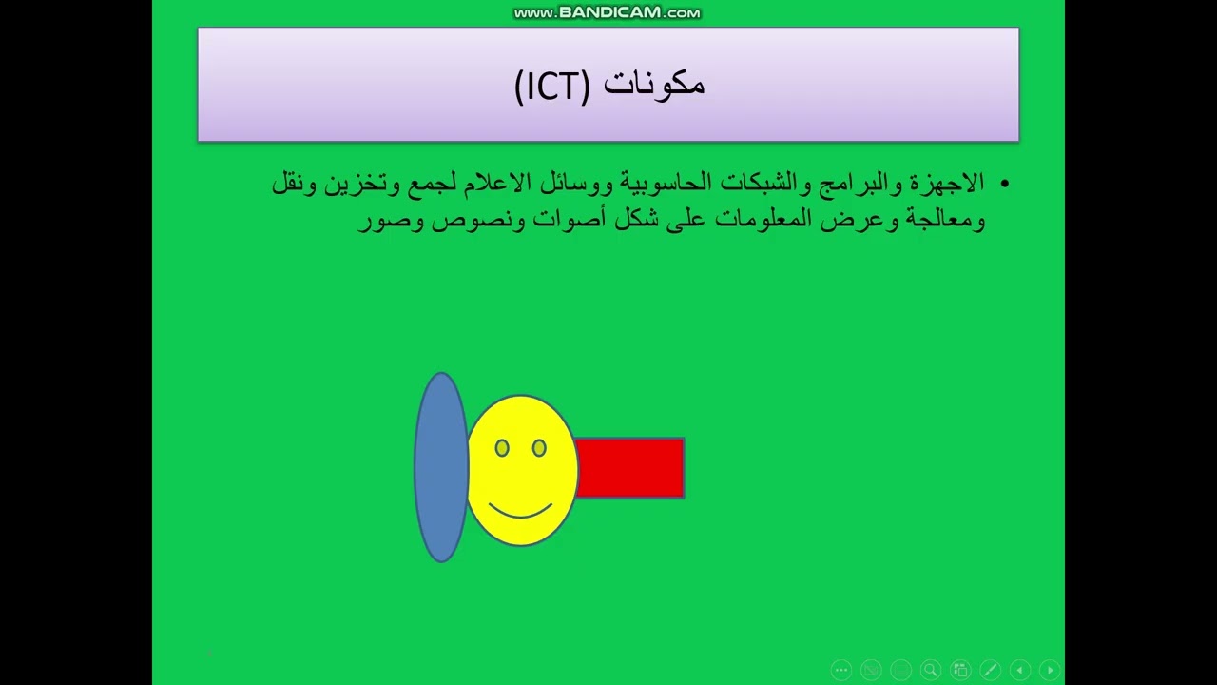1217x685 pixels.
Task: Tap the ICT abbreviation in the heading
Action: click(x=552, y=86)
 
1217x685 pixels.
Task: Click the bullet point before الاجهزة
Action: click(x=1004, y=184)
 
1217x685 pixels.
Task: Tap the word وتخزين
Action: click(x=362, y=183)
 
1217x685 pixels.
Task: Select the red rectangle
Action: click(x=629, y=467)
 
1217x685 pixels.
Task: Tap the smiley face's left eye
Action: click(x=502, y=447)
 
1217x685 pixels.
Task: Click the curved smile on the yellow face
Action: click(x=520, y=511)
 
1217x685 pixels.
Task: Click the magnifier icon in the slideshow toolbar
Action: click(x=930, y=670)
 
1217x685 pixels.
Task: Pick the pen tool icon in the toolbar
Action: click(x=990, y=670)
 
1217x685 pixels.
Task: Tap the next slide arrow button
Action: click(x=1050, y=670)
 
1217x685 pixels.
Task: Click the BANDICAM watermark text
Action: click(x=608, y=13)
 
